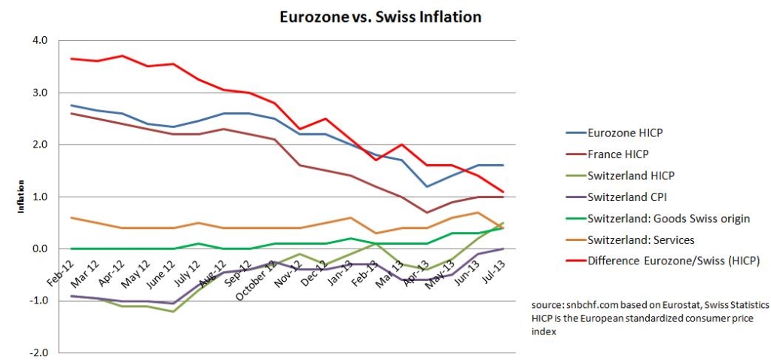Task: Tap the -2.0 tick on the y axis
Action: click(x=38, y=353)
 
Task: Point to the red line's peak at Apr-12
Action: click(x=123, y=56)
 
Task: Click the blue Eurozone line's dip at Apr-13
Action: click(x=426, y=186)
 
